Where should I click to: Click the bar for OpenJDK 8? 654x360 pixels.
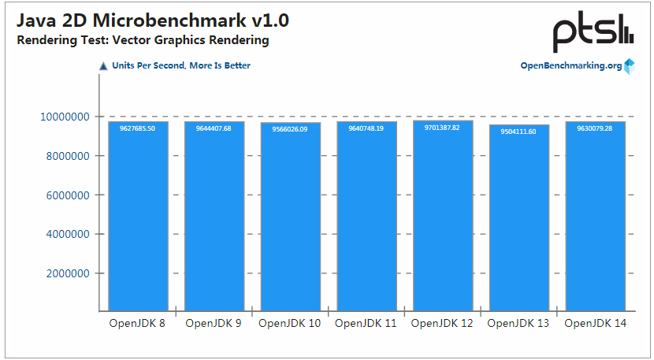138,216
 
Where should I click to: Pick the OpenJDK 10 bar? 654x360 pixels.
291,217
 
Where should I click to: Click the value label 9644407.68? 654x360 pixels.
214,128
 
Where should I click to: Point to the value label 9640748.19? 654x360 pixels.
366,128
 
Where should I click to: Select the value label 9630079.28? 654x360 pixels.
595,128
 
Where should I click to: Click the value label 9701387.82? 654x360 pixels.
443,127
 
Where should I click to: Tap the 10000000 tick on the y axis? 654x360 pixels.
64,117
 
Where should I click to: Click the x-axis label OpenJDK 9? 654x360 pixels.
214,323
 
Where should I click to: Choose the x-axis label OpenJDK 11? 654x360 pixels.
366,323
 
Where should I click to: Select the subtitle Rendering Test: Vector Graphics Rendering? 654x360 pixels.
143,40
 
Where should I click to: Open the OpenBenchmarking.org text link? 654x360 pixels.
571,65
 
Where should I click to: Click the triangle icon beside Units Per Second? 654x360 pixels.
103,66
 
